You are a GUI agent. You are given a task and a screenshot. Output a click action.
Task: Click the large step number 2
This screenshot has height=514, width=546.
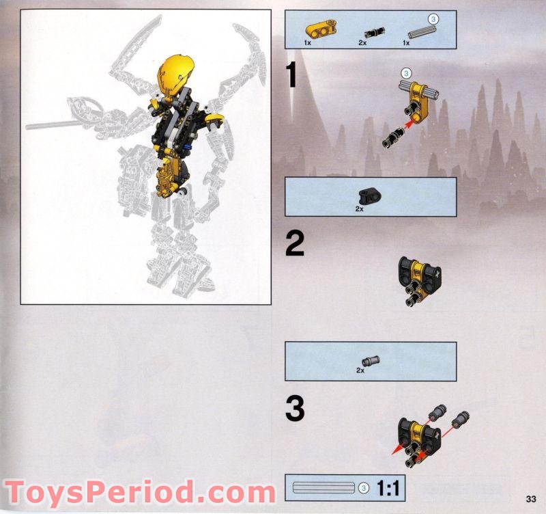coord(294,245)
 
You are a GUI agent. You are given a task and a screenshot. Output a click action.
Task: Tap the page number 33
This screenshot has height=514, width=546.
coord(532,497)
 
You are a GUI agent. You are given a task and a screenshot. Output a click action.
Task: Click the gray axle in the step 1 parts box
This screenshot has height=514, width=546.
coord(420,31)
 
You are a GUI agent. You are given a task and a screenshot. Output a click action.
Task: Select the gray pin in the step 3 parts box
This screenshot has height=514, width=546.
coord(372,360)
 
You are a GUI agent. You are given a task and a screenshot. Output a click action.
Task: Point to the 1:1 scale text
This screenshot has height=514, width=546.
coord(386,489)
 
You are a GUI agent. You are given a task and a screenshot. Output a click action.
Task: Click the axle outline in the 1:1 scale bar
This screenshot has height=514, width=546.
coord(324,488)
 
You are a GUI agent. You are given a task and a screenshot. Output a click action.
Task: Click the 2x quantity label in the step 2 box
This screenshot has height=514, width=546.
coord(360,208)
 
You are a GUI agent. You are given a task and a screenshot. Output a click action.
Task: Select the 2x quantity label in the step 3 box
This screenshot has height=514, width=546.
coord(360,370)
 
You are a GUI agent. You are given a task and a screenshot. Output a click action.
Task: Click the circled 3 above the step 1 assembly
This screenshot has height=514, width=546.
coord(407,72)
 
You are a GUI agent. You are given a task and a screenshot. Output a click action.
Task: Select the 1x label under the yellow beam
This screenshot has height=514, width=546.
coord(308,42)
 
